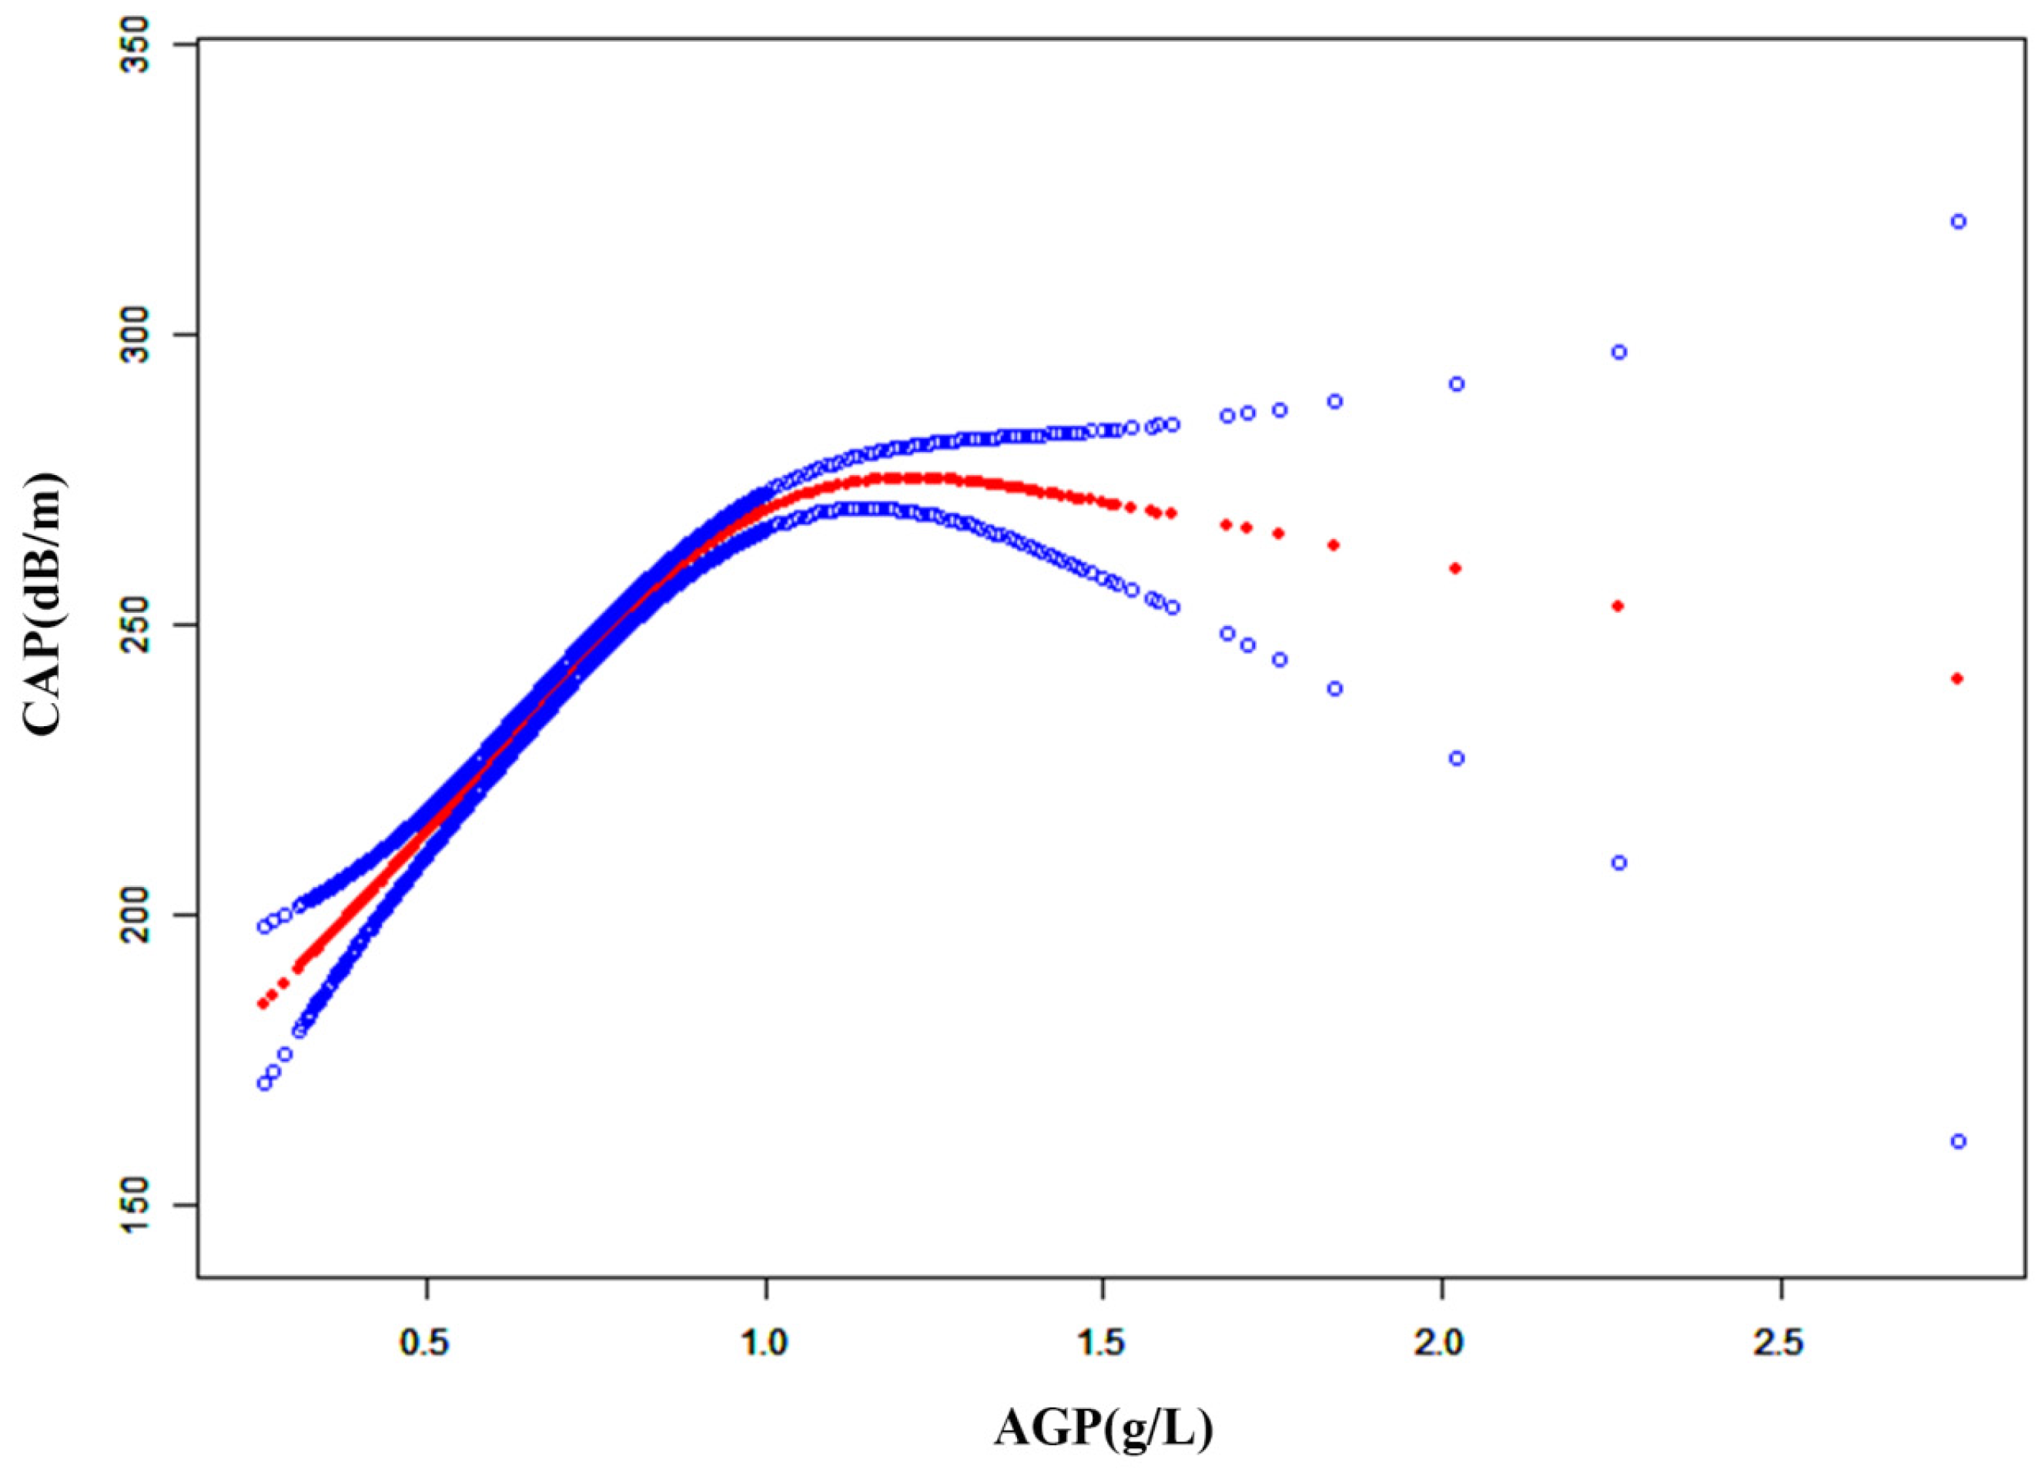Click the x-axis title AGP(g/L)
pos(1103,1427)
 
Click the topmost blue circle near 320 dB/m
pos(1959,222)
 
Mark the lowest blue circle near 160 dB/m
pos(1959,1141)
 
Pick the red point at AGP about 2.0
pos(1456,568)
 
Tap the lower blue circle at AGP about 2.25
pos(1619,862)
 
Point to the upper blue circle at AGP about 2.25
pos(1619,353)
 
